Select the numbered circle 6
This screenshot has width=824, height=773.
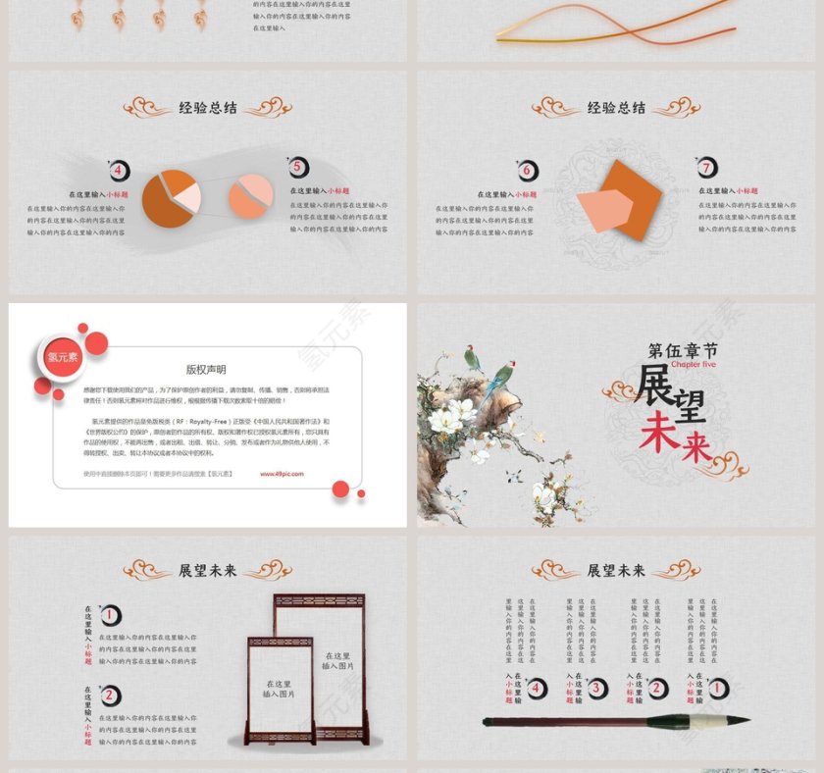(x=527, y=172)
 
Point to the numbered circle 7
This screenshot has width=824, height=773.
(x=707, y=168)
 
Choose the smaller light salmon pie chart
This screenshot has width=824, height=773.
(x=250, y=196)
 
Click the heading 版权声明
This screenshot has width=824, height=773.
(x=206, y=370)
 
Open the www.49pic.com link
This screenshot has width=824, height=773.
(x=282, y=474)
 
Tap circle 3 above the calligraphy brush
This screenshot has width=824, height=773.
(x=596, y=689)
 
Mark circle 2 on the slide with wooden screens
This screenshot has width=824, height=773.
(x=112, y=696)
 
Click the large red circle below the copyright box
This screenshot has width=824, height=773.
(x=340, y=489)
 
